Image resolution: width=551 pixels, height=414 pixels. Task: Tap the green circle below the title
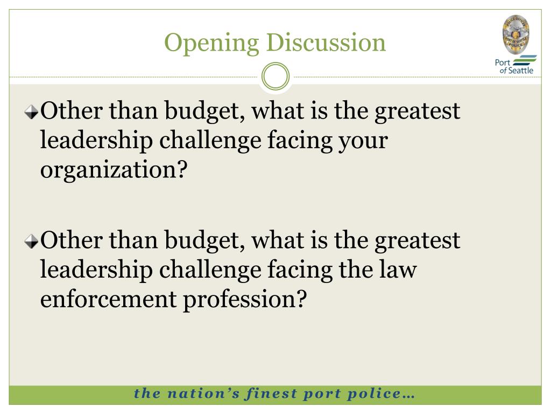pos(275,77)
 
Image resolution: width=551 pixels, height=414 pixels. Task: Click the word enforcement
pos(108,299)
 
